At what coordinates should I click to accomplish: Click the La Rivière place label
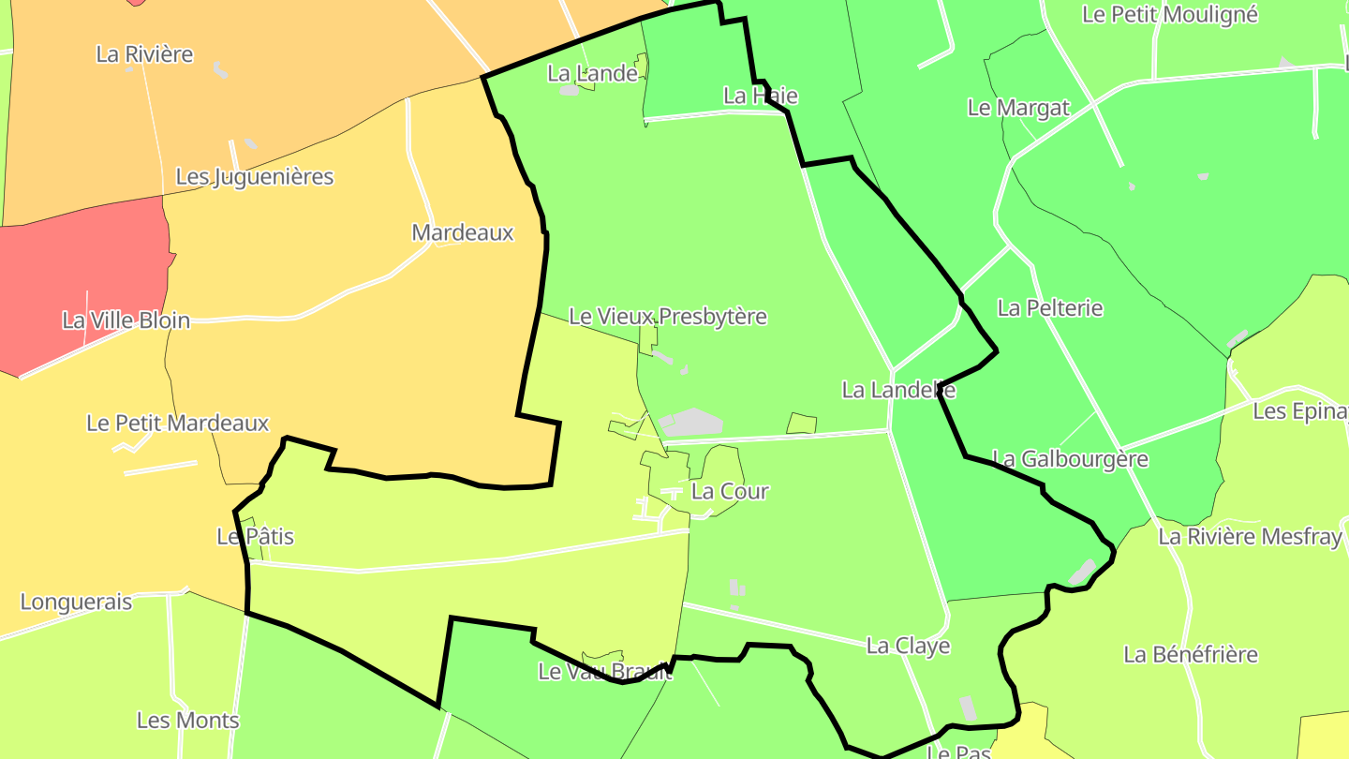pyautogui.click(x=144, y=54)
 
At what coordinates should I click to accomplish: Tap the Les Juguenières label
pyautogui.click(x=255, y=177)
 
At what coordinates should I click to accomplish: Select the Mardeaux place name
pyautogui.click(x=463, y=233)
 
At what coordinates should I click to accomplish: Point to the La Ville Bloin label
pyautogui.click(x=126, y=320)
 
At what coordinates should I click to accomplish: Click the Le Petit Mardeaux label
pyautogui.click(x=177, y=424)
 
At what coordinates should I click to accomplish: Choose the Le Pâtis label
pyautogui.click(x=255, y=537)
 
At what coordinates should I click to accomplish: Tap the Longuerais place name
pyautogui.click(x=76, y=603)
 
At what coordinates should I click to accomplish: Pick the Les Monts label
pyautogui.click(x=187, y=721)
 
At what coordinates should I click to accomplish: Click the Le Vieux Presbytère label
pyautogui.click(x=668, y=317)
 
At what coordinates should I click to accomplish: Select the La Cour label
pyautogui.click(x=730, y=491)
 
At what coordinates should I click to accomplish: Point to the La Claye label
pyautogui.click(x=908, y=646)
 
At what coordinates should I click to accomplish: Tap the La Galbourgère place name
pyautogui.click(x=1070, y=459)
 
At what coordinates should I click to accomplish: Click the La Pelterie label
pyautogui.click(x=1050, y=308)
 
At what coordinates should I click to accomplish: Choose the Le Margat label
pyautogui.click(x=1018, y=108)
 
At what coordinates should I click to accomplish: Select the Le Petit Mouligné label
pyautogui.click(x=1170, y=15)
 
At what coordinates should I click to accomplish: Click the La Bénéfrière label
pyautogui.click(x=1191, y=654)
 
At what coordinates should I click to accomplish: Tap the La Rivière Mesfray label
pyautogui.click(x=1250, y=537)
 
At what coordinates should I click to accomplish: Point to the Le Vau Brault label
pyautogui.click(x=605, y=672)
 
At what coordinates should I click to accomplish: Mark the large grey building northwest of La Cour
pyautogui.click(x=691, y=423)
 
